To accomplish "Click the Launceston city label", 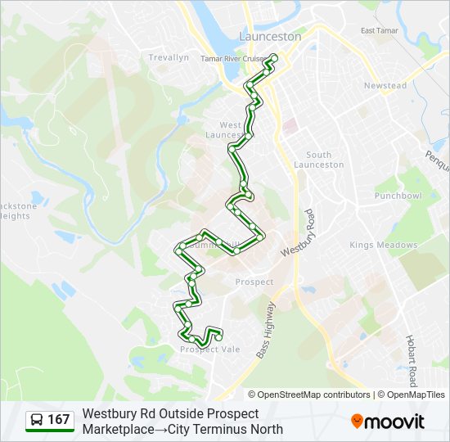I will (270, 37).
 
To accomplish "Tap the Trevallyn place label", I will (169, 57).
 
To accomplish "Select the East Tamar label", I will (378, 31).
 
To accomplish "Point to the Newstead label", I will (385, 86).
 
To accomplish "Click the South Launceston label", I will (325, 160).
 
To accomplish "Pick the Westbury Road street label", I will (299, 233).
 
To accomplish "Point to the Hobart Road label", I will (413, 360).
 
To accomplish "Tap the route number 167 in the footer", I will (59, 420).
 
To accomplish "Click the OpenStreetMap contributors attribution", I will (313, 395).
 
